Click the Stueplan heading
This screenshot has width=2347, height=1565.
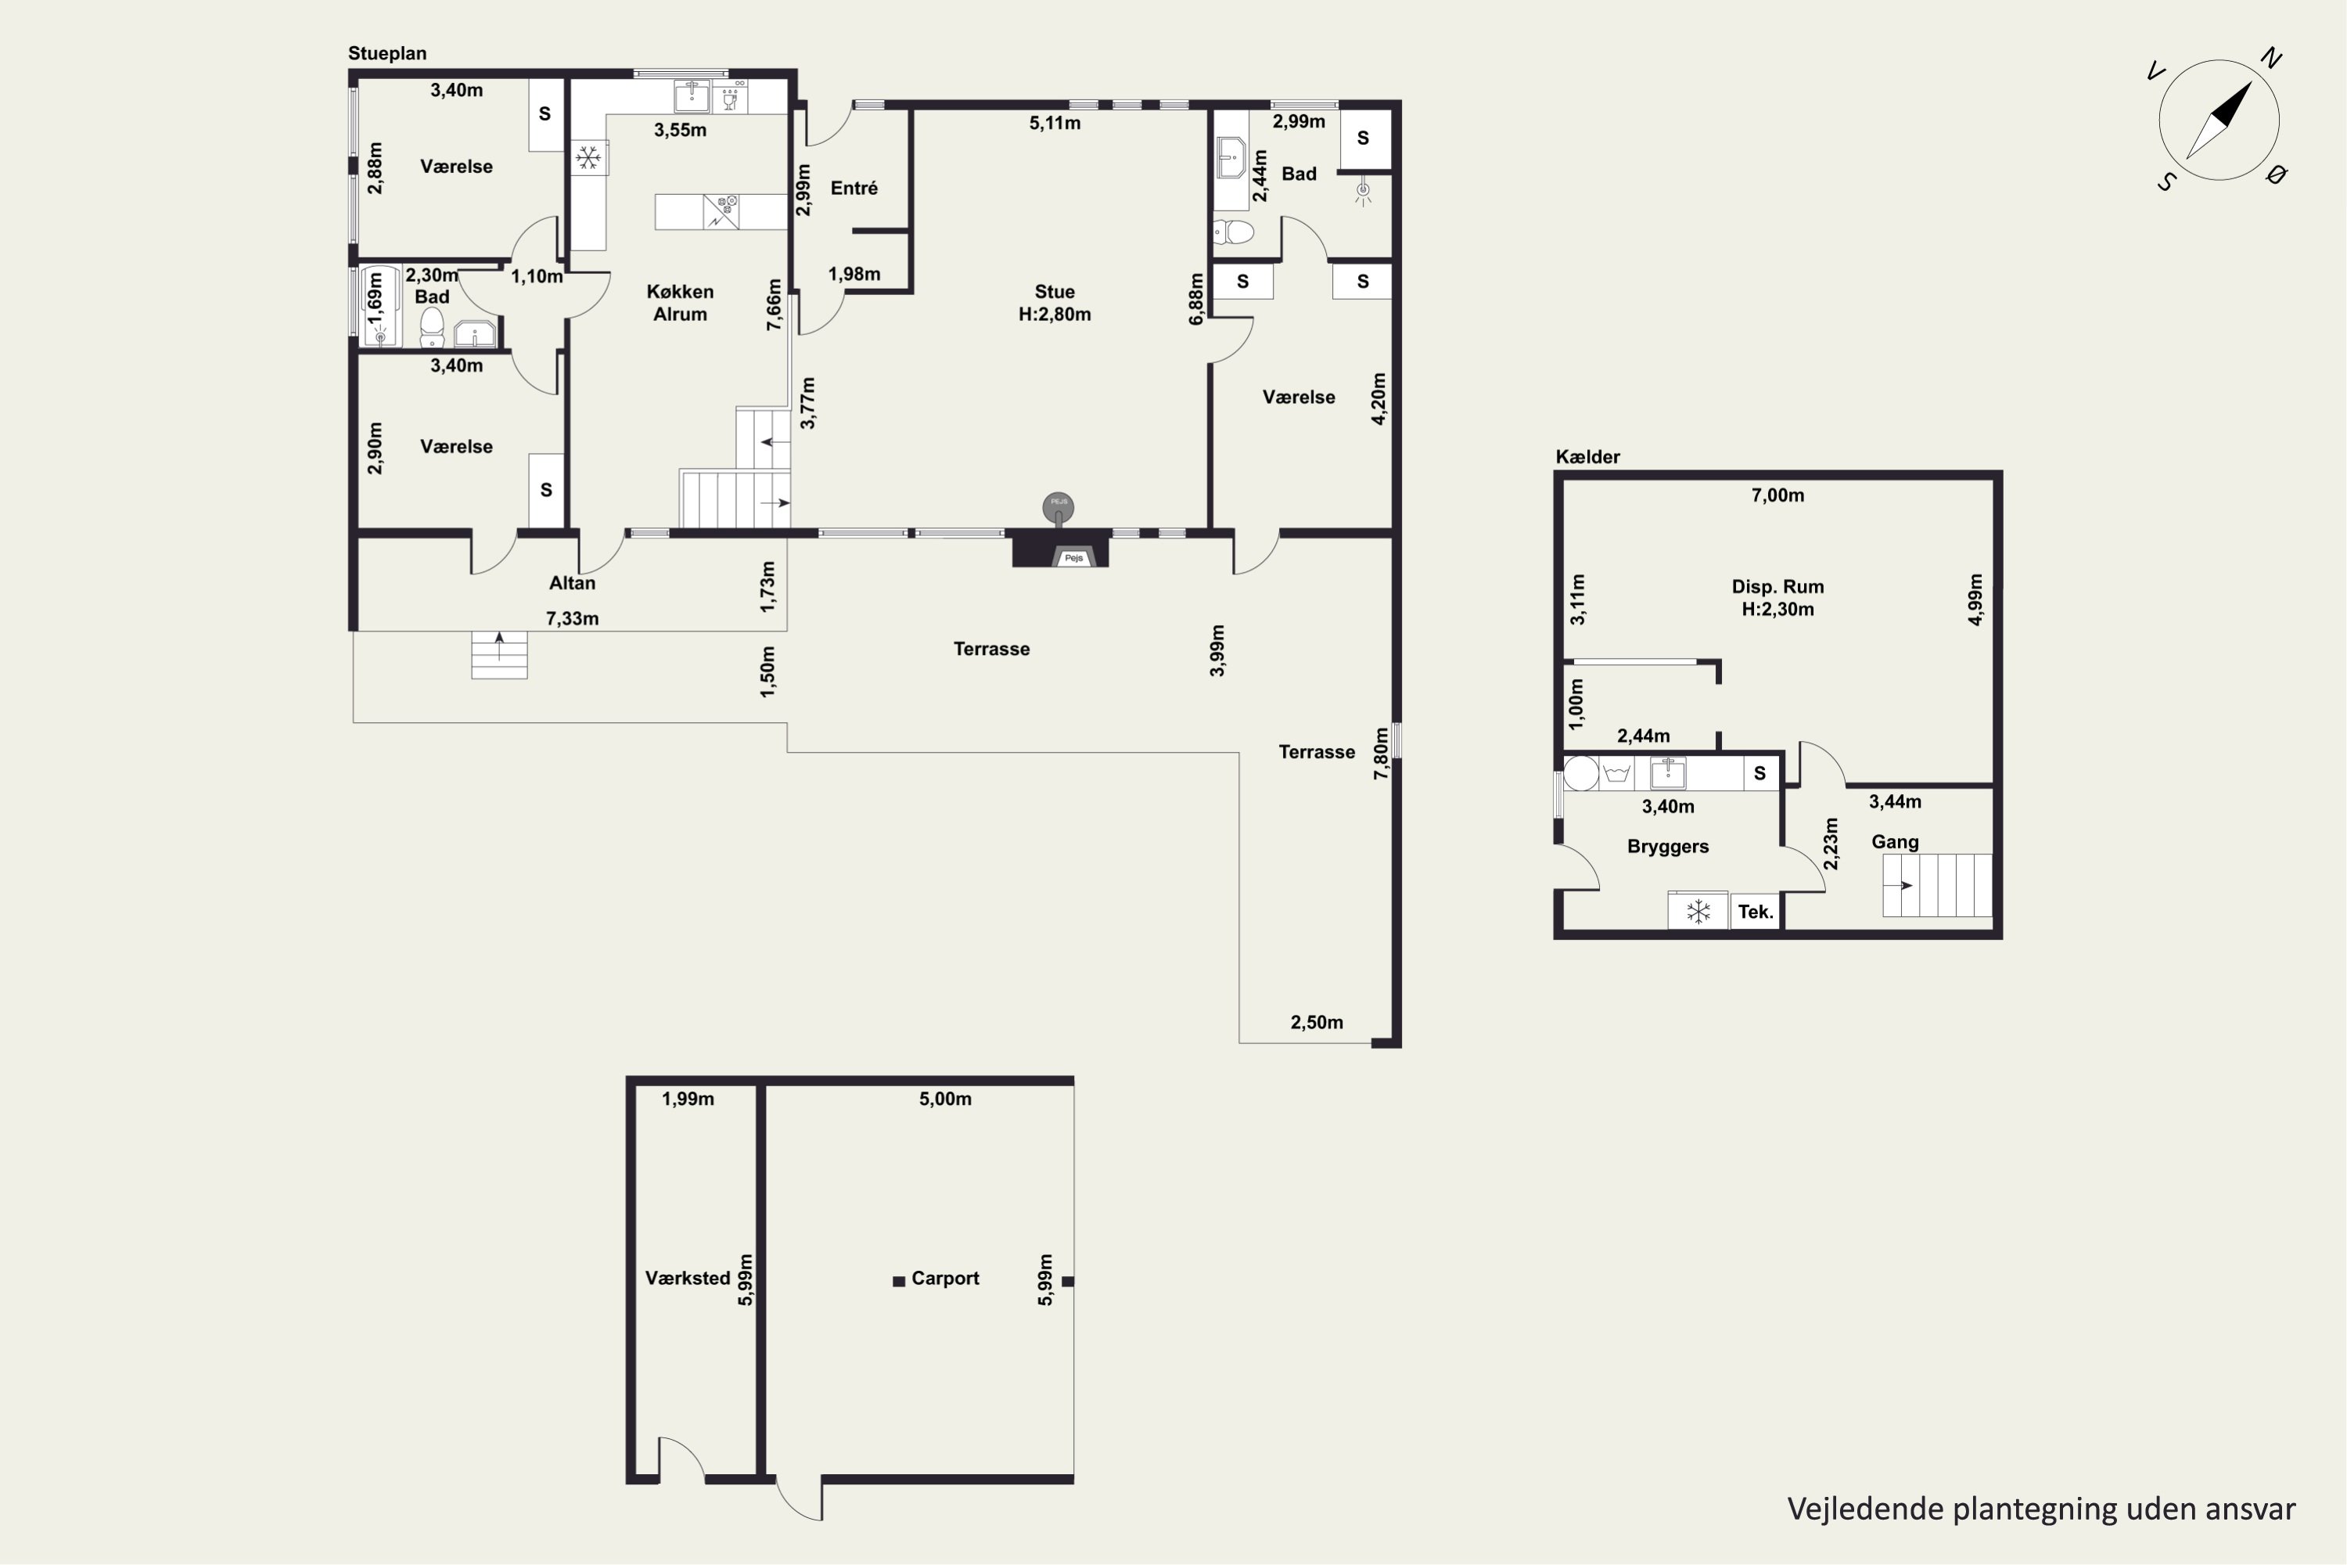point(387,54)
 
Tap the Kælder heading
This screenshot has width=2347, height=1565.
point(1587,457)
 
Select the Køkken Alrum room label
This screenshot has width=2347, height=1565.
point(680,302)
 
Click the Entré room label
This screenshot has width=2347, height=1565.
point(854,188)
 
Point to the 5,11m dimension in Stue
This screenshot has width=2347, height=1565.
point(1055,124)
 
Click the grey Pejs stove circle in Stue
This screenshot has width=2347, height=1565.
point(1058,507)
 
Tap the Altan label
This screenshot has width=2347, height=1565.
point(572,583)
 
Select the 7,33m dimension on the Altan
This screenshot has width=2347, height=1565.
point(572,619)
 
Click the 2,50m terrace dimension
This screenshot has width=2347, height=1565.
point(1316,1022)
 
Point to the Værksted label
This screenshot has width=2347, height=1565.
point(688,1278)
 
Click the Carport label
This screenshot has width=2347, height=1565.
point(945,1278)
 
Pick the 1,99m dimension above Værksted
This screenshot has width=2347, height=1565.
point(688,1099)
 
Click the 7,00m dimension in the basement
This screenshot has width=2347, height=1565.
point(1777,495)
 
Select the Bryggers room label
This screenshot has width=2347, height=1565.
point(1667,847)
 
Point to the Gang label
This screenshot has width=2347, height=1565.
point(1895,841)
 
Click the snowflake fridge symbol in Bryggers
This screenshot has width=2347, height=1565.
point(1698,912)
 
